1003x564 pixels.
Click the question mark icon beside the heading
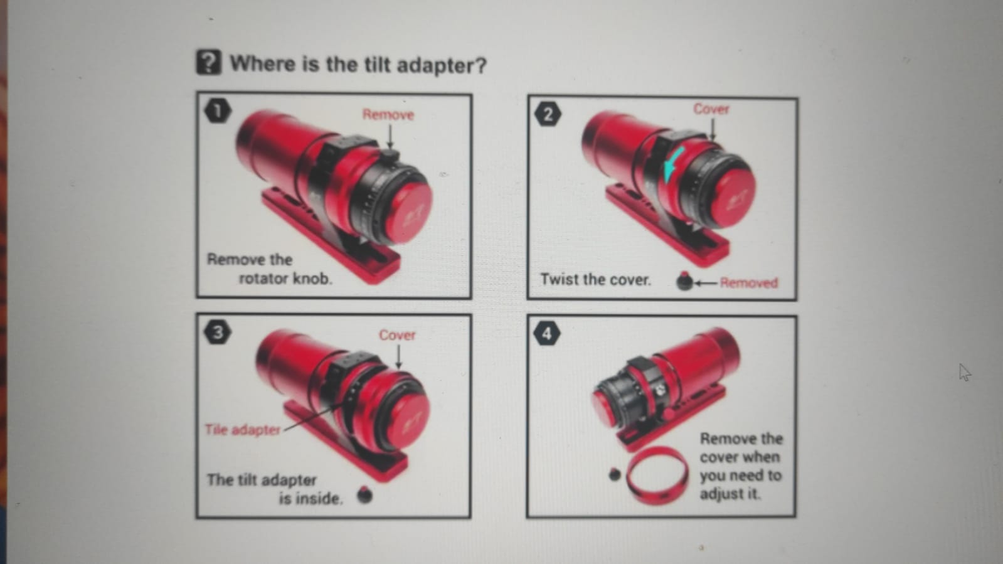coord(209,62)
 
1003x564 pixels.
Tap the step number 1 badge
coord(218,110)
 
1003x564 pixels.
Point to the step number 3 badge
coord(218,333)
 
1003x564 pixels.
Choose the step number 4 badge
coord(547,333)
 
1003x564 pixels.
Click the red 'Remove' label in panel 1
coord(388,115)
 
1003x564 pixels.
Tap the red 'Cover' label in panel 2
coord(711,109)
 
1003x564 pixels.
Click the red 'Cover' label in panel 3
coord(397,335)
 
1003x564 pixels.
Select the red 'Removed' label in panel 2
coord(749,283)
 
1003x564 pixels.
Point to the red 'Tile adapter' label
coord(242,430)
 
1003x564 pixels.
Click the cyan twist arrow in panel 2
coord(672,164)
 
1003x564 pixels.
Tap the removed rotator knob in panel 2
coord(684,281)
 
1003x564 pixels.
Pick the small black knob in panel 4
coord(615,474)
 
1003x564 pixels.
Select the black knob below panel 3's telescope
coord(365,495)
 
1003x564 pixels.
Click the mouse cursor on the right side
coord(965,372)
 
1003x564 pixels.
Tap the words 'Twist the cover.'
coord(595,280)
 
